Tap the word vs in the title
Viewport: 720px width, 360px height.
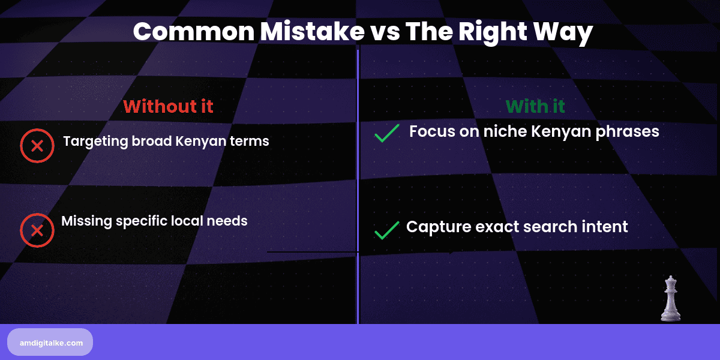coord(382,32)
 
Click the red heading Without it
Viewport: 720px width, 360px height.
coord(168,106)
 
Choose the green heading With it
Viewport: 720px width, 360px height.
coord(535,106)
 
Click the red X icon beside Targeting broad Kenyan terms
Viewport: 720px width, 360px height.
coord(37,146)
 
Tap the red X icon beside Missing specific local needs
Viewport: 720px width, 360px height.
coord(37,230)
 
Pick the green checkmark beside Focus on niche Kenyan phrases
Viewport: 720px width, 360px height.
coord(386,133)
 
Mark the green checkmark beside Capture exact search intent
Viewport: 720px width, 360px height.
coord(386,230)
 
